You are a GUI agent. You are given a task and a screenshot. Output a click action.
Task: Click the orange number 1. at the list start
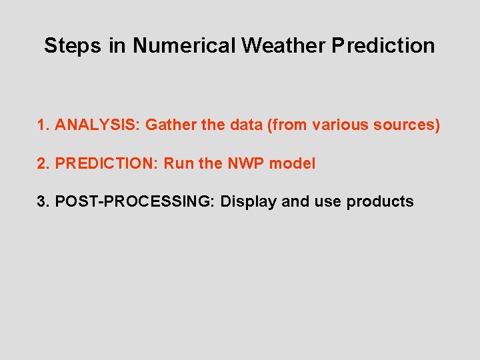click(44, 125)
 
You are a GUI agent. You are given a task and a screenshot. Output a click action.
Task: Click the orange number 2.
click(44, 163)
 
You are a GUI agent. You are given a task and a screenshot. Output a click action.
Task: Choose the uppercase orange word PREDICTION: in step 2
click(107, 163)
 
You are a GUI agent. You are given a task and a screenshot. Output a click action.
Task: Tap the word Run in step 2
click(177, 163)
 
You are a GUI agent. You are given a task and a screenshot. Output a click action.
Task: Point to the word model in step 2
click(293, 163)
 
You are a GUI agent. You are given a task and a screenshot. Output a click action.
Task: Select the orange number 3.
click(44, 201)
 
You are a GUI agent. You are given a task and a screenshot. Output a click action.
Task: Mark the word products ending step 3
click(380, 202)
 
